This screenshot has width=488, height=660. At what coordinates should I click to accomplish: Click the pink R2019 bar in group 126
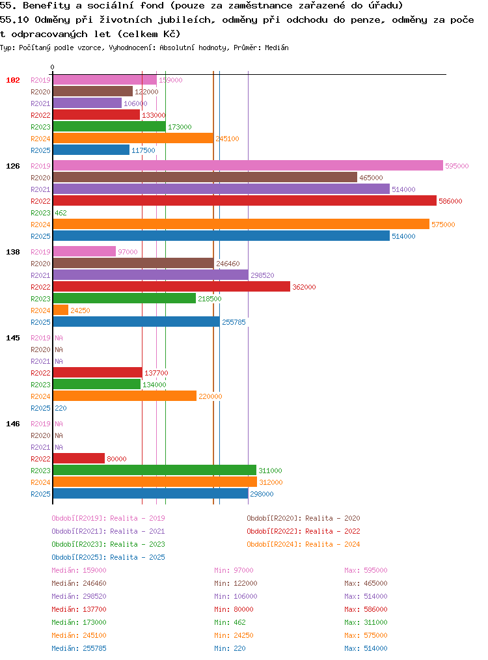coord(248,165)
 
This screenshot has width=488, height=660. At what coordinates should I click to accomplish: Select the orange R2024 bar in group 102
coord(133,138)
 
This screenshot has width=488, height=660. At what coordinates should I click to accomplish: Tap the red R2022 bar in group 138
coord(172,286)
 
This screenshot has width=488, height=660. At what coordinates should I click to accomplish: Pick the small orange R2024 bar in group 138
coord(61,310)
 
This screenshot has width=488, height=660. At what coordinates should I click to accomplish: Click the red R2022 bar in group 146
coord(79,458)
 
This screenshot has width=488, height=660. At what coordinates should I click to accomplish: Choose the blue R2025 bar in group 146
coord(150,494)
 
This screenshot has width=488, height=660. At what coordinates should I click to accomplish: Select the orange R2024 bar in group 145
coord(124,396)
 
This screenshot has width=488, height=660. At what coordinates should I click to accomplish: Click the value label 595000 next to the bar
coord(457,166)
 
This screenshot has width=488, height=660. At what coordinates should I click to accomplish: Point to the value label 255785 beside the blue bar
coord(234,322)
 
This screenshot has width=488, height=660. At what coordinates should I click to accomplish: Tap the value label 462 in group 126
coord(61,213)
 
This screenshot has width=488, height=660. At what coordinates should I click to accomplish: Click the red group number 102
coord(13,80)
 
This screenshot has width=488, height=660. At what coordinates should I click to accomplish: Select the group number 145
coord(13,338)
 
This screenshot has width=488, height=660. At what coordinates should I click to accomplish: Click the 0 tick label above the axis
coord(52,67)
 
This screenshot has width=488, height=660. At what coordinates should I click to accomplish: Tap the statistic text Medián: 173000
coord(79,622)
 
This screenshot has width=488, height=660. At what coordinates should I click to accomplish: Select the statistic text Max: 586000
coord(366,609)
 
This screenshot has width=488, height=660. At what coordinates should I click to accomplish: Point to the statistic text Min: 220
coord(230,648)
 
